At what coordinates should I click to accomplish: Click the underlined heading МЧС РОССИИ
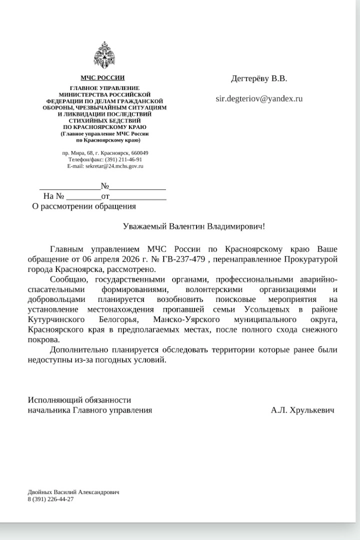click(102, 78)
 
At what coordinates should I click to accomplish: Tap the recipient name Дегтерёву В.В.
click(259, 78)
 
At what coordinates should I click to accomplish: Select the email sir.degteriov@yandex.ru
click(259, 98)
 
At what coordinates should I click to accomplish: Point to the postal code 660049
click(138, 152)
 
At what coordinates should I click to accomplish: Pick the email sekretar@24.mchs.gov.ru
click(114, 165)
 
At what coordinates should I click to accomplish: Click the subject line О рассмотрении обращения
click(83, 206)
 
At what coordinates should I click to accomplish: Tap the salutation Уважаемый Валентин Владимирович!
click(194, 226)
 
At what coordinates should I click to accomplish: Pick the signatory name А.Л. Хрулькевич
click(302, 410)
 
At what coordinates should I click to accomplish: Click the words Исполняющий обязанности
click(79, 400)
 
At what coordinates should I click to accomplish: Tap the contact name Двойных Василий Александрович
click(73, 492)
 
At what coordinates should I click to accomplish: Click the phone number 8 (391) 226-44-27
click(51, 499)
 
